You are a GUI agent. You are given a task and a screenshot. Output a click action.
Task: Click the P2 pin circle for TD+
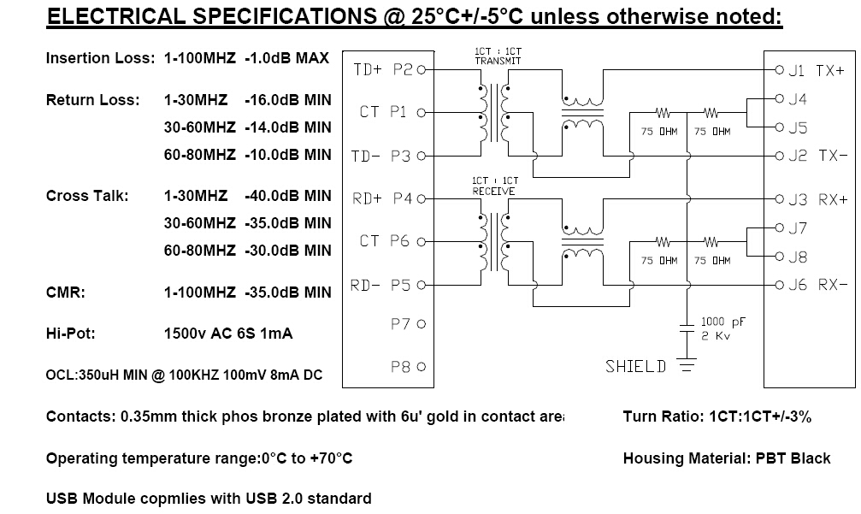coord(422,70)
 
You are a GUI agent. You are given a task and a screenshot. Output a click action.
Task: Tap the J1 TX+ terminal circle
coord(779,70)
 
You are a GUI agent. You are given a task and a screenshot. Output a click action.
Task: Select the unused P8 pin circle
coord(422,367)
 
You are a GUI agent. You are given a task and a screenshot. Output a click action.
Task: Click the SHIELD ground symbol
coord(687,364)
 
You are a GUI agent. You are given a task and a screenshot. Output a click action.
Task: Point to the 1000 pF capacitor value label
coord(723,322)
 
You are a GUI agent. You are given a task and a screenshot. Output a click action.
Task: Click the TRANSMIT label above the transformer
coord(498,61)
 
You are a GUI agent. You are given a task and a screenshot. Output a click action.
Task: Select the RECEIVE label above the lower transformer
coord(493,191)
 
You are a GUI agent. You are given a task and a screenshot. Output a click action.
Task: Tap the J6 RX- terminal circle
coord(779,285)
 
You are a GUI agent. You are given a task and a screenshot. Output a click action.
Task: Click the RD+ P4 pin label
coord(381,198)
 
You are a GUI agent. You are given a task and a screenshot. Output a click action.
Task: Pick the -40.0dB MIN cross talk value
coord(288,196)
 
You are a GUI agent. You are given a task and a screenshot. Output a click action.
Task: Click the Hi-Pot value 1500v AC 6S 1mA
coord(228,334)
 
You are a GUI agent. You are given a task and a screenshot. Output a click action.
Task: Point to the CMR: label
coord(65,292)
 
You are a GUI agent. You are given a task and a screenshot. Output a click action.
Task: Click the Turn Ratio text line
coord(717,417)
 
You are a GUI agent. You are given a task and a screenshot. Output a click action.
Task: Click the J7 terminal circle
coord(779,227)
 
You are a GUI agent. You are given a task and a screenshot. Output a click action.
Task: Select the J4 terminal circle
coord(779,99)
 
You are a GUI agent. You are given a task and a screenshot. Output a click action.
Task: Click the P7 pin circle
coord(422,324)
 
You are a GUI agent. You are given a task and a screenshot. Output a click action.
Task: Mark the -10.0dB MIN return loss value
coord(288,155)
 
